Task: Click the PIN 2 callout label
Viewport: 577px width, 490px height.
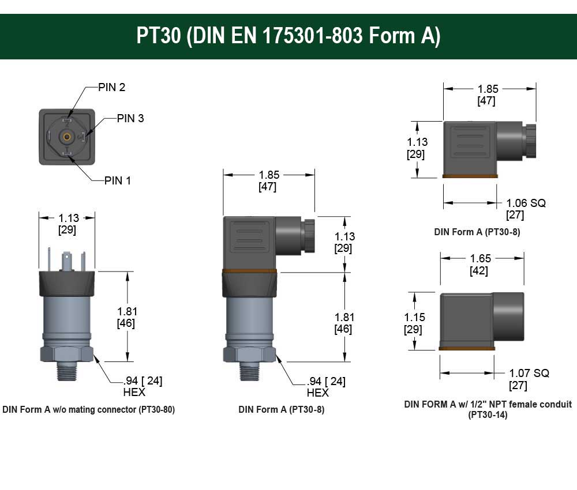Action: [111, 88]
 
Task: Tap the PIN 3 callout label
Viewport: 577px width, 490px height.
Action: [130, 119]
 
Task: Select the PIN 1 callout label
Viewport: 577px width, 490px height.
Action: [118, 180]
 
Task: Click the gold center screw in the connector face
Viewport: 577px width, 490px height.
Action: [67, 137]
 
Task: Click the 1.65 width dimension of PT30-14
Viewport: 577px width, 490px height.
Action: [480, 259]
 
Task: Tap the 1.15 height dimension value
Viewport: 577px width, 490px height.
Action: [413, 318]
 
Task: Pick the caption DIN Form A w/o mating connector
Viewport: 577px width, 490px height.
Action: [88, 410]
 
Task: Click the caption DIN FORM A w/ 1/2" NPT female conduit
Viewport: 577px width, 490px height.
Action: [488, 404]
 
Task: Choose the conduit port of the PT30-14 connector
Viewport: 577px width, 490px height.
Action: [508, 316]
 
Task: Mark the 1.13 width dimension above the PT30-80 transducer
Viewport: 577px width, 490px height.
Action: [68, 218]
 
